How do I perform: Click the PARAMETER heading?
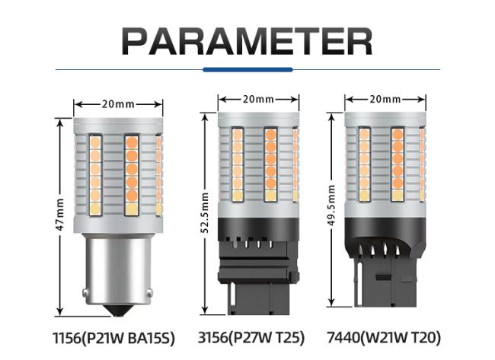tap(247, 42)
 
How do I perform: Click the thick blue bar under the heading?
tap(247, 70)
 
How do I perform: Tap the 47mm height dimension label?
tap(60, 215)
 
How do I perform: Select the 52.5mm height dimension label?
tap(205, 213)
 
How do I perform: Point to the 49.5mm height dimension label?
tap(331, 205)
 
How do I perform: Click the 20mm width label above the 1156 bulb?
tap(118, 104)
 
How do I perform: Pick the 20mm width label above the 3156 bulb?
tap(258, 100)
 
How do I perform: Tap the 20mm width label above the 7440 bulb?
tap(385, 100)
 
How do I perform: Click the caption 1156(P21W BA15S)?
tap(113, 339)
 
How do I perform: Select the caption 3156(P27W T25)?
tap(251, 338)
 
